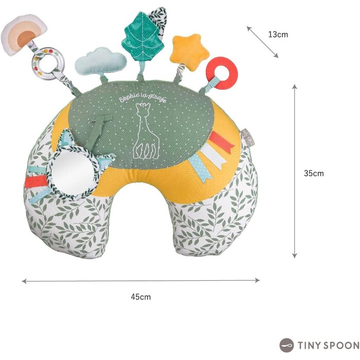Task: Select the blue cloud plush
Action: (101, 61)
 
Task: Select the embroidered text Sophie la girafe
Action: (142, 97)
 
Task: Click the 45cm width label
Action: (141, 297)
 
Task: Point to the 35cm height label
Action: (314, 173)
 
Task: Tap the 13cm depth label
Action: (278, 34)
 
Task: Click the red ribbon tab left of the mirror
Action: (35, 181)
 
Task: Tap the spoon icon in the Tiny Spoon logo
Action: (286, 345)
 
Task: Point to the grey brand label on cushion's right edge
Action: (245, 138)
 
